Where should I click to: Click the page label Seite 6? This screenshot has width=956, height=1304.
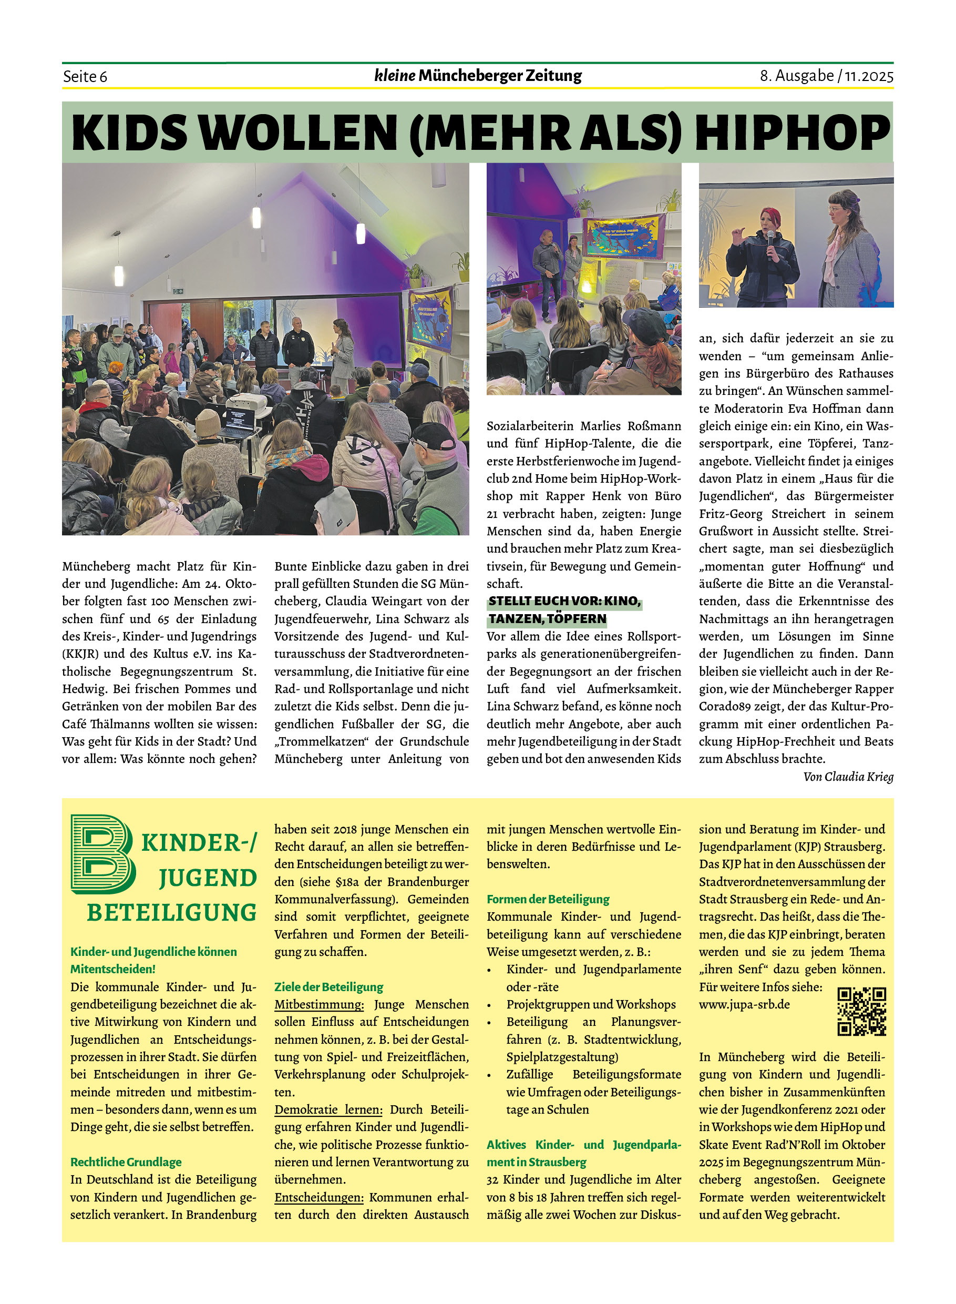point(85,76)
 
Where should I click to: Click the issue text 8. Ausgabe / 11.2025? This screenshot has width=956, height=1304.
point(826,76)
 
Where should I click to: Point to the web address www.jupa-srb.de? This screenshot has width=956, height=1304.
point(744,1004)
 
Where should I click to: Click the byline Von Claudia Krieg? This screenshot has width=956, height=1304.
point(848,777)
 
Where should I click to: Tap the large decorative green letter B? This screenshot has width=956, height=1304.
point(102,854)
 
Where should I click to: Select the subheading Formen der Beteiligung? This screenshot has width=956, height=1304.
point(548,899)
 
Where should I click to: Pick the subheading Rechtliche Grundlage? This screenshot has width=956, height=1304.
point(126,1162)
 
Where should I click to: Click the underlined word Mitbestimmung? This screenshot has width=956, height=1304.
point(319,1004)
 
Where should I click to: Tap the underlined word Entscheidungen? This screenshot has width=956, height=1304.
point(319,1197)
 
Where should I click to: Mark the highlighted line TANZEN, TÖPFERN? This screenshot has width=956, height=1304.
point(547,619)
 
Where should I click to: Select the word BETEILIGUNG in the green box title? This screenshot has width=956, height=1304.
point(171,913)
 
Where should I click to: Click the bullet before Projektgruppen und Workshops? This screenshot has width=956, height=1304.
point(489,1005)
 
